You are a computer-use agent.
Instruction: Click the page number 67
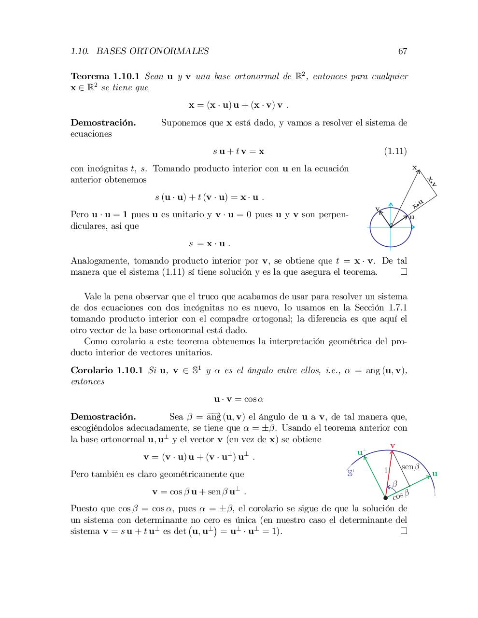[403, 51]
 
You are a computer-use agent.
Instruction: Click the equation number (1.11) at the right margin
[395, 152]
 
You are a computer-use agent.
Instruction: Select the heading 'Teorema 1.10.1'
[105, 77]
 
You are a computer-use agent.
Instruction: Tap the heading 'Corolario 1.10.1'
[107, 370]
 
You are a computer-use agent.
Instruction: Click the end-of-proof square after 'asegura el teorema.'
[404, 272]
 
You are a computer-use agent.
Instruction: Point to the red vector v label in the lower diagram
[393, 446]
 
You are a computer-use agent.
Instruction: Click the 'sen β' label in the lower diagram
[410, 467]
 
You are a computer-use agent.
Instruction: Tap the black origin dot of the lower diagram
[385, 498]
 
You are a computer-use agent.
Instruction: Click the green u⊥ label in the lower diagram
[362, 452]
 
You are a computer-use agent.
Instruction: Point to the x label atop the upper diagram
[414, 167]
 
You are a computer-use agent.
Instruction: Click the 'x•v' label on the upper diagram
[432, 181]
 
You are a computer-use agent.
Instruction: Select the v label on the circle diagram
[378, 209]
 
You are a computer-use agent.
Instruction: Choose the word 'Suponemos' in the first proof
[183, 123]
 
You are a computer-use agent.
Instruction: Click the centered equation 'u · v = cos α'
[239, 399]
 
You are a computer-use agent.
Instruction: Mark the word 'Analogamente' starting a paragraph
[100, 261]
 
